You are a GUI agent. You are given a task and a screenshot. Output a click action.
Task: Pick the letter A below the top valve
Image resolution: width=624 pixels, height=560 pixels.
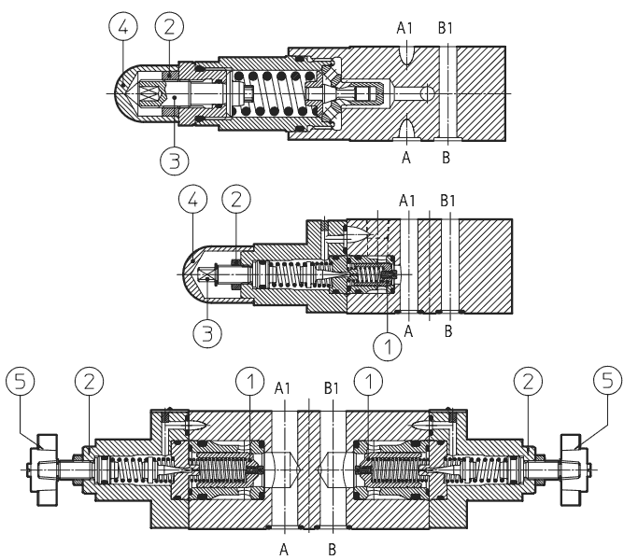coord(406,159)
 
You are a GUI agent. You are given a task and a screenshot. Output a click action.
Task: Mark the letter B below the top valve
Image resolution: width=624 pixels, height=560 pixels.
coord(447,159)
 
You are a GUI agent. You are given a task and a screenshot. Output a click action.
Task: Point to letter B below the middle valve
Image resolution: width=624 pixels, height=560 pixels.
coord(449,329)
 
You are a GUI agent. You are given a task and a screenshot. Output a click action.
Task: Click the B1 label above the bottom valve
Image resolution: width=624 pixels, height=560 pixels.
coord(332,386)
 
